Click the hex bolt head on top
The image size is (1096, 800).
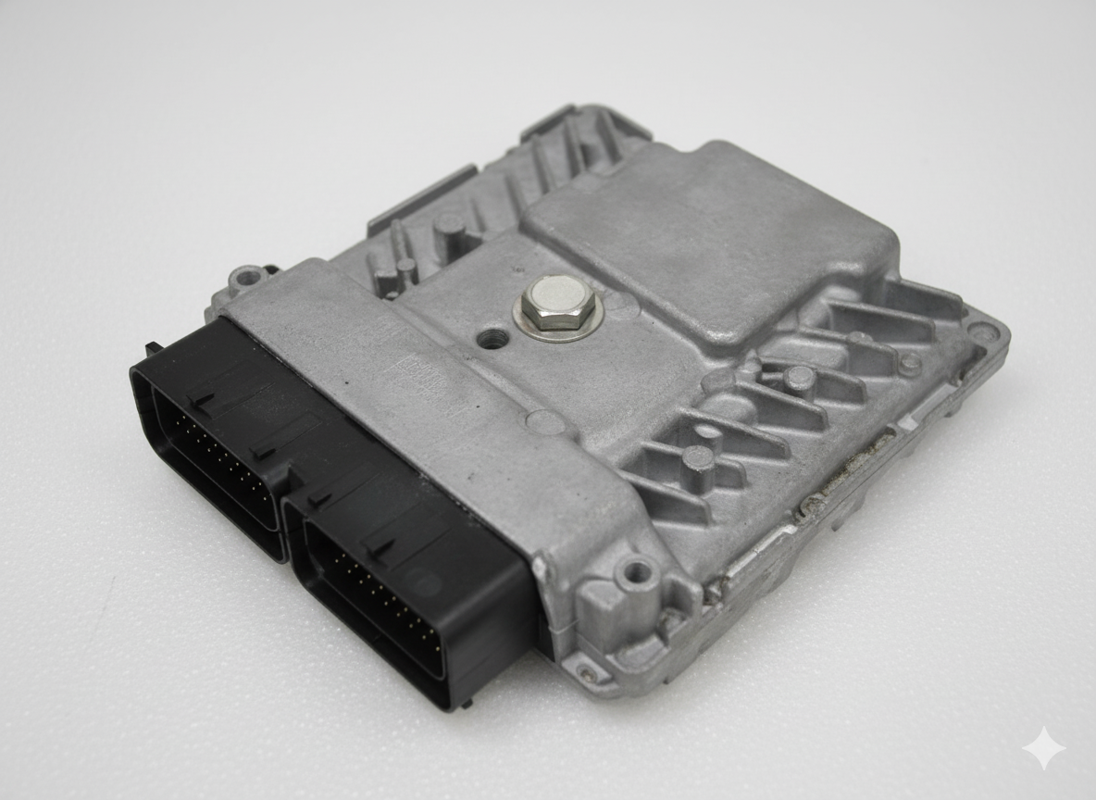click(x=558, y=306)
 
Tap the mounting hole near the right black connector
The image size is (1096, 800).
click(x=637, y=572)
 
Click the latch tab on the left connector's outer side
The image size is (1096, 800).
click(x=152, y=349)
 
